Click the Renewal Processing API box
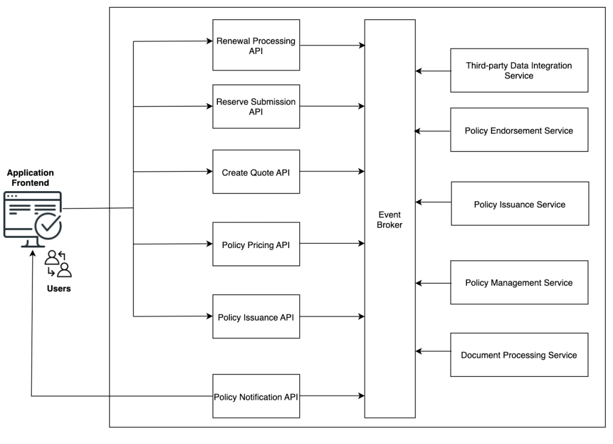tap(256, 46)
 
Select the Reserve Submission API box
tap(256, 107)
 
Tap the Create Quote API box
tap(256, 171)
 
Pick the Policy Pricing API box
tap(256, 244)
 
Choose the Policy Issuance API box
tap(256, 316)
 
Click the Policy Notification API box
tap(256, 396)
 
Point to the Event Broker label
tap(390, 220)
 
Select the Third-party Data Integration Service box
tap(519, 71)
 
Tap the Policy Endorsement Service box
tap(519, 130)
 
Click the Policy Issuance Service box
tap(519, 204)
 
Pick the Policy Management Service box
tap(519, 282)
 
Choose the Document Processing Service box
tap(519, 355)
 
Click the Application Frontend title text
tap(30, 177)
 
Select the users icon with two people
tap(59, 264)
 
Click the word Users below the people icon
tap(59, 288)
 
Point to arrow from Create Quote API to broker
tap(332, 171)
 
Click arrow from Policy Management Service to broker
tap(433, 282)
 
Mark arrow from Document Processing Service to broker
tap(433, 351)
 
